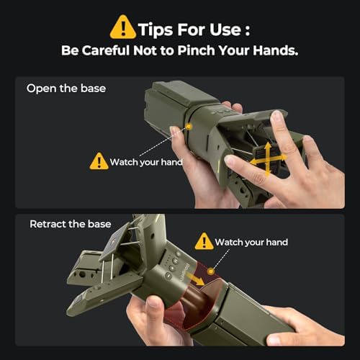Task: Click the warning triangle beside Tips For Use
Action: tap(123, 27)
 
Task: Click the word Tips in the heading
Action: tap(156, 30)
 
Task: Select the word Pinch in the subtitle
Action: tap(196, 50)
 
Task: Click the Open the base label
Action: tap(66, 89)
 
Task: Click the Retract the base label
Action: tap(71, 224)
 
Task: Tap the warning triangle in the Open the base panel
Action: tap(99, 161)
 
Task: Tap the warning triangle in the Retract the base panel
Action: tap(204, 241)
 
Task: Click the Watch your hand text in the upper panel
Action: tap(146, 162)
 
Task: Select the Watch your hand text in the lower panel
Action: tap(251, 242)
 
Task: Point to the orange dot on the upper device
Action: tap(189, 127)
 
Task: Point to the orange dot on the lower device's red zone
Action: tap(211, 271)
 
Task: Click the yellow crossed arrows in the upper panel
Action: tap(268, 159)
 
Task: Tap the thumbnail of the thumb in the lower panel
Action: tap(153, 302)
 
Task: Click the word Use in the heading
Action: tap(225, 30)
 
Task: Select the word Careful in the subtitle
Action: tap(107, 50)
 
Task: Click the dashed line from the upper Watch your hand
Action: tap(163, 142)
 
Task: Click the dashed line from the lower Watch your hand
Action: tap(221, 259)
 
